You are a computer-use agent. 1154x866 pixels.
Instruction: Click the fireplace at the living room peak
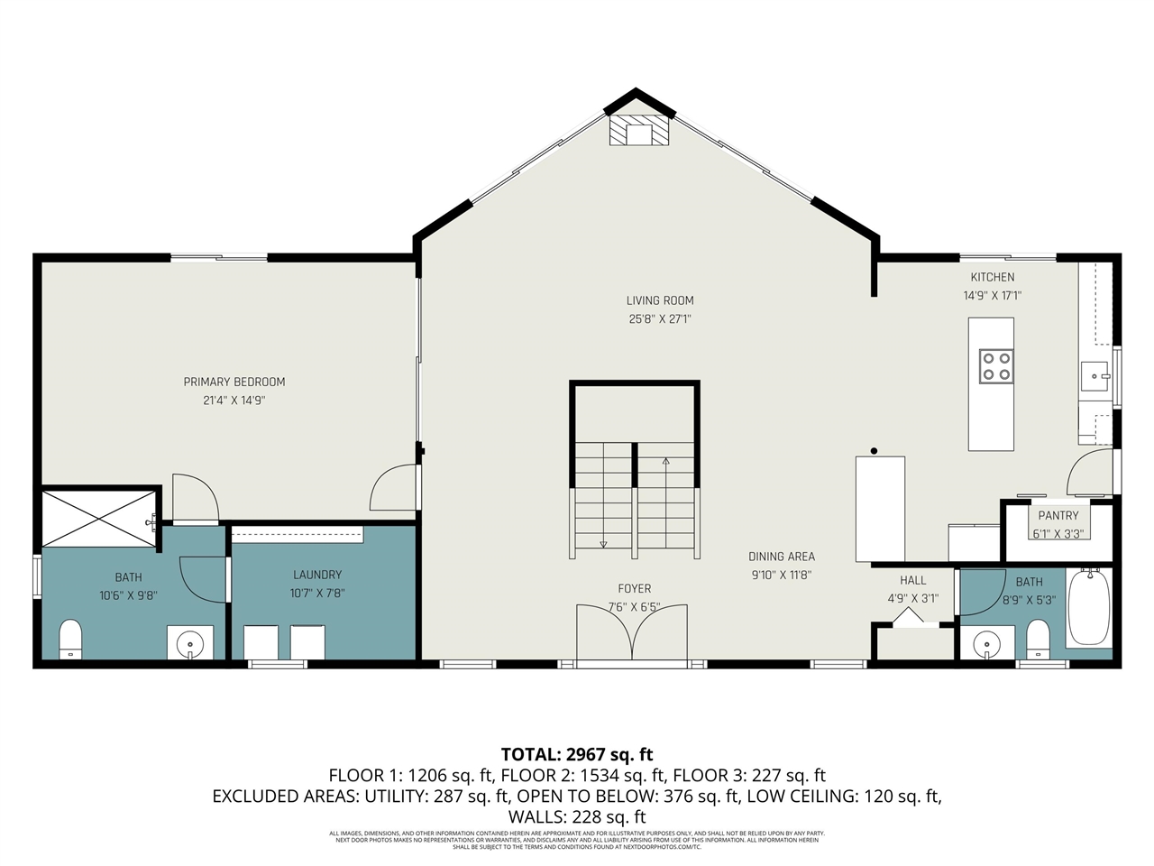(639, 131)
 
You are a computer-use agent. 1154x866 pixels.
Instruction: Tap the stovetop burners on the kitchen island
(996, 365)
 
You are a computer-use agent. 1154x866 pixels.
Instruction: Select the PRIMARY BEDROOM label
(234, 382)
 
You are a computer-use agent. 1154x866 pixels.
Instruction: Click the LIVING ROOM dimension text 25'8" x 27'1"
(660, 318)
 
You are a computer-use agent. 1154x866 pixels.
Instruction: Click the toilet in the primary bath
(70, 639)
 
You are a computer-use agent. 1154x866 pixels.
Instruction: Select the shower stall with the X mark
(99, 518)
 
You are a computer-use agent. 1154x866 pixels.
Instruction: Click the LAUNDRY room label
(317, 575)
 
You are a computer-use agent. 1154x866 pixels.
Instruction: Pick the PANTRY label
(1058, 516)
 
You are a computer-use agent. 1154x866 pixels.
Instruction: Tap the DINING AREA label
(781, 557)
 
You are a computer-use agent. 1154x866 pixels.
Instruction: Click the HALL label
(912, 580)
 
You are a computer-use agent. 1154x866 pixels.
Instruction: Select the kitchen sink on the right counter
(1094, 374)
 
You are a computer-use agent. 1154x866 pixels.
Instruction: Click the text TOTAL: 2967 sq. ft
(577, 754)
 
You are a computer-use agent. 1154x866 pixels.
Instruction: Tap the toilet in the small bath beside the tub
(1039, 640)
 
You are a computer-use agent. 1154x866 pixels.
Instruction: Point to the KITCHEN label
(992, 277)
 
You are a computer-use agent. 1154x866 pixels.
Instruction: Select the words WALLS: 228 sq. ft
(577, 817)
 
